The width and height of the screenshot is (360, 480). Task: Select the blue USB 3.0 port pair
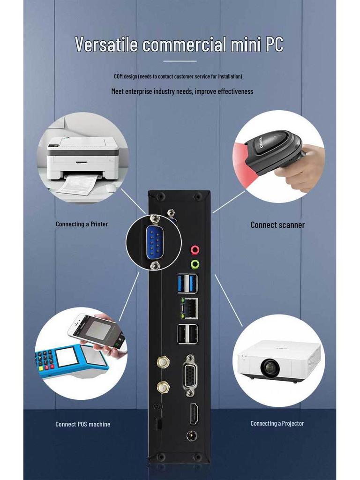tap(187, 283)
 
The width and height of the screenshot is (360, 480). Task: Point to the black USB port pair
tap(187, 334)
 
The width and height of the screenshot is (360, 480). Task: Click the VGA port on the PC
tap(190, 371)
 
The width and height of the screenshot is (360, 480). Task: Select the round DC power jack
tap(191, 435)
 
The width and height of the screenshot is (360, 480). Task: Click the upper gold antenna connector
tap(163, 362)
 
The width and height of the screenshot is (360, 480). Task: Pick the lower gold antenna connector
tap(163, 387)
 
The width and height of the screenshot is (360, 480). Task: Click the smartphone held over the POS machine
tap(97, 332)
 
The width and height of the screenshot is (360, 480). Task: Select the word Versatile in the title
tap(106, 45)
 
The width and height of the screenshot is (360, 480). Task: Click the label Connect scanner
tap(277, 225)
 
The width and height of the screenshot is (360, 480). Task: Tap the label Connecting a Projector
tap(277, 423)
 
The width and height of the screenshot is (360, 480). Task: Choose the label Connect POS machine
tap(83, 424)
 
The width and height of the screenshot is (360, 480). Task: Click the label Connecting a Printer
tap(82, 224)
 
